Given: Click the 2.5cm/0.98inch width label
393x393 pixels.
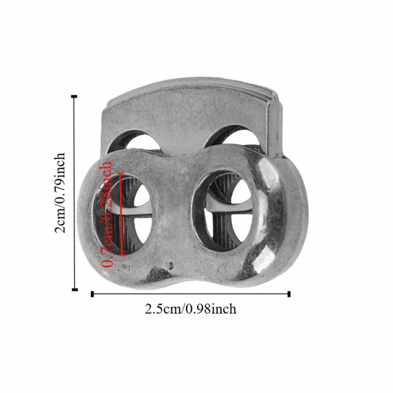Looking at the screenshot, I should [191, 309].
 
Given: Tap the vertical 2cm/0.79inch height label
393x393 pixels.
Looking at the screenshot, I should [61, 193].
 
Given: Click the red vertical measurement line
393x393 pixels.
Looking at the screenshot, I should [123, 214].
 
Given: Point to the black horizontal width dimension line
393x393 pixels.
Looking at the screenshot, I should [191, 294].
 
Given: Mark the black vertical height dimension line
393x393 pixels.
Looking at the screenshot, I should [75, 193].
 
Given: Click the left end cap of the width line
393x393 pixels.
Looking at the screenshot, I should [92, 294].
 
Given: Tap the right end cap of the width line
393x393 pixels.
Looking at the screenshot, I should [289, 294].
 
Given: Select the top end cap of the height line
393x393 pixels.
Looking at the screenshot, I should [75, 96].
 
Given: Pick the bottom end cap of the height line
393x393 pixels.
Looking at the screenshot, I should [75, 289].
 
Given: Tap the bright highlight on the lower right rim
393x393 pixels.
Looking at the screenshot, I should [264, 259].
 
